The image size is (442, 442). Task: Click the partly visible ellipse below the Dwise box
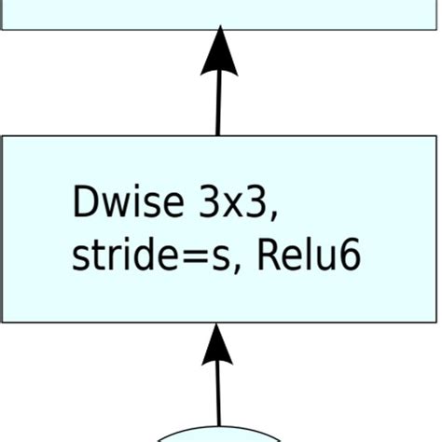point(219,435)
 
